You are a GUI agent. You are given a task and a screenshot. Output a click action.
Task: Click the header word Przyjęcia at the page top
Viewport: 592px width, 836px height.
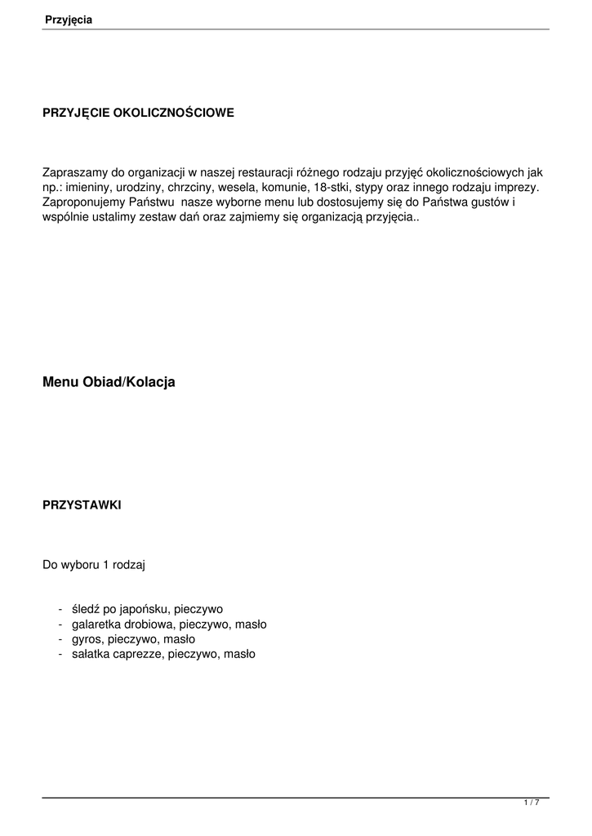tap(69, 20)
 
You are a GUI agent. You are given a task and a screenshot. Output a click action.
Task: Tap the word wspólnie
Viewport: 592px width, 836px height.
tap(65, 217)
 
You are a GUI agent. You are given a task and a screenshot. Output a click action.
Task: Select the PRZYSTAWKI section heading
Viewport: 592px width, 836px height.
tap(82, 505)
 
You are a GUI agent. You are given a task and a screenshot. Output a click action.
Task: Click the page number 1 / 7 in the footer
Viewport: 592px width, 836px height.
tap(532, 803)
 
